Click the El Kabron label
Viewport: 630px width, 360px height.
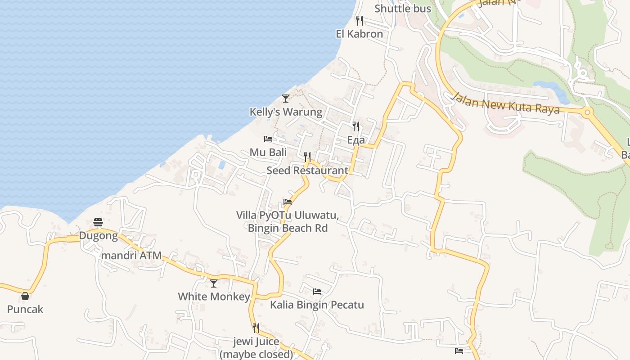[360, 34]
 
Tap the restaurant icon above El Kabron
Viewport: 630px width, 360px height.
[360, 20]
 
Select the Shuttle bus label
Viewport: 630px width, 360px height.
[403, 9]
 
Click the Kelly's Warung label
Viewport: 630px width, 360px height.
[286, 112]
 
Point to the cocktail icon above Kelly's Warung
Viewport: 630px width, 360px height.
[285, 98]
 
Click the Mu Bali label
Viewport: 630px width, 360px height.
[268, 152]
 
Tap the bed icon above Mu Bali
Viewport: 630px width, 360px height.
[268, 139]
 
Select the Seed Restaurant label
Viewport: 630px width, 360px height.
[307, 171]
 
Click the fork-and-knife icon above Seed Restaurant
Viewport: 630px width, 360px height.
[307, 157]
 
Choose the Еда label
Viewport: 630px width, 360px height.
[356, 140]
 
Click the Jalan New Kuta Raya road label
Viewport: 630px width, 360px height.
[506, 103]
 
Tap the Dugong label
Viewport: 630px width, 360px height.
[98, 235]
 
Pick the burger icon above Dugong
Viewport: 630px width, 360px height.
[98, 222]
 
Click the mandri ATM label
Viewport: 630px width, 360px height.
[131, 255]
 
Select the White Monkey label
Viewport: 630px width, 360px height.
[214, 297]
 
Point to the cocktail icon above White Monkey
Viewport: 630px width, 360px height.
[214, 283]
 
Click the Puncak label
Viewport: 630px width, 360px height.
[25, 309]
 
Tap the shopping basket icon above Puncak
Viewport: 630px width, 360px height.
[25, 296]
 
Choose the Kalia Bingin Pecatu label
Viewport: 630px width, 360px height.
[317, 305]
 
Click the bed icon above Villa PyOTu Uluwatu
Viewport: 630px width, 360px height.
[288, 202]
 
